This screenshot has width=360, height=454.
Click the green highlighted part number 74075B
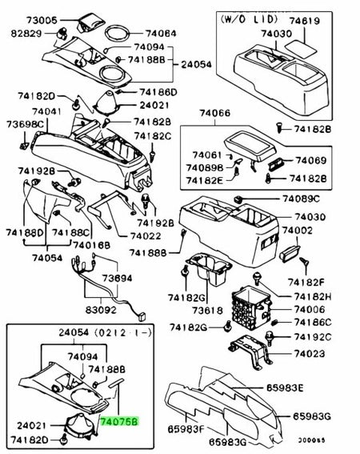click(x=119, y=419)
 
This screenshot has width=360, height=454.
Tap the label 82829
click(x=26, y=34)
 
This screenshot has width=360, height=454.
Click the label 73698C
click(x=24, y=125)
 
